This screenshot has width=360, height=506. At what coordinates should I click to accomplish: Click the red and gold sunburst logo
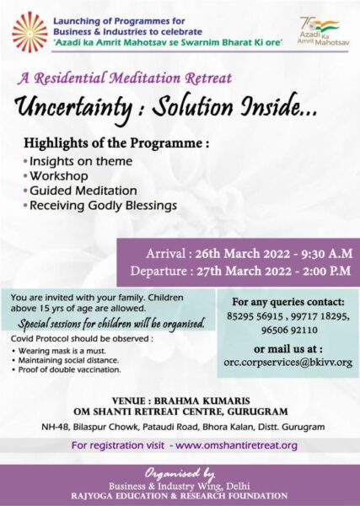coord(30,32)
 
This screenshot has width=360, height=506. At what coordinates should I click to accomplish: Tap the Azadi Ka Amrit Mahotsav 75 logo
coord(323,31)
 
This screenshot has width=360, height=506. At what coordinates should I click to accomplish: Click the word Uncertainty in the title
coord(73,106)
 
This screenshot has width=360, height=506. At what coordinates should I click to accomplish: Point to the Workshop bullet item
coord(59,176)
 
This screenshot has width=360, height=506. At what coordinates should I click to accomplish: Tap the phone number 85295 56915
coord(255,316)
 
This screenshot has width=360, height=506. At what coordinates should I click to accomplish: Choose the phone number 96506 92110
coord(289,330)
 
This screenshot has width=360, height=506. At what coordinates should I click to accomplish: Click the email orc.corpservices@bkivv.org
coord(288,362)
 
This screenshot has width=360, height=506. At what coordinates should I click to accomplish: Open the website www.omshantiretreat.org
coord(236,445)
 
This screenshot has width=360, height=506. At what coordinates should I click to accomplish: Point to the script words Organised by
coord(180,474)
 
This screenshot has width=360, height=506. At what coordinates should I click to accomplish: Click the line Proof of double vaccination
coord(69,370)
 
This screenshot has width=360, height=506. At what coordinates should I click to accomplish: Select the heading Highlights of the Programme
coord(116,143)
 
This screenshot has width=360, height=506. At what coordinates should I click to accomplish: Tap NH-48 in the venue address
coord(55,427)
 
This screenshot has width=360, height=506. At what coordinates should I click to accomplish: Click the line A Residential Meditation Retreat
coord(125,78)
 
